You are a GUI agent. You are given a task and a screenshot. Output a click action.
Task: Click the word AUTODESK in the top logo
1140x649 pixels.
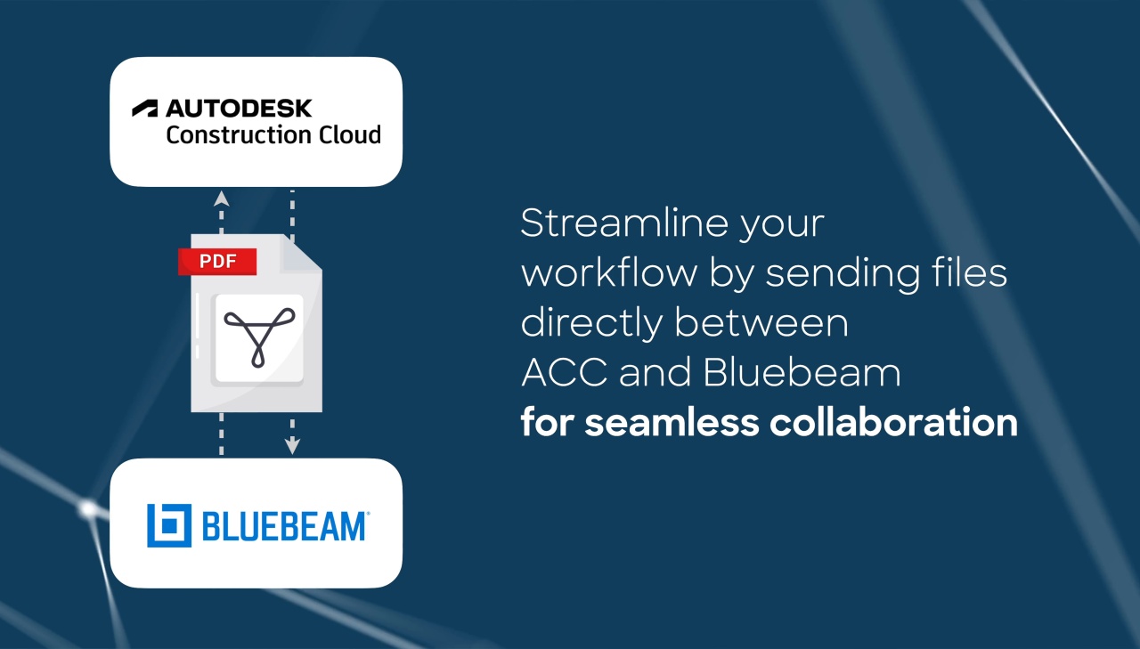[239, 109]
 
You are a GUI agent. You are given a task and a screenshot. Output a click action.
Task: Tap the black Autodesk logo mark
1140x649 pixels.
[145, 109]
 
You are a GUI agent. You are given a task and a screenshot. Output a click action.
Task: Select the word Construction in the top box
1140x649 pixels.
[238, 134]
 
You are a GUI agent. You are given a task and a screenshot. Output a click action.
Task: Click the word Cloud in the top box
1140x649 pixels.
[350, 134]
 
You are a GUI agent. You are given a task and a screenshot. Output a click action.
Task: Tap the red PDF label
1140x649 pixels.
[217, 262]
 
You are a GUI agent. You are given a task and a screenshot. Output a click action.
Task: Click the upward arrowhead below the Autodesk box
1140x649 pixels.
[222, 199]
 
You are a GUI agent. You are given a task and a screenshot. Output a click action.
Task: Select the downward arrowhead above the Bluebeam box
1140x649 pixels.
[292, 445]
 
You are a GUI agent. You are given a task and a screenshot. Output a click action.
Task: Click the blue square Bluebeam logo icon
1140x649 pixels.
[169, 525]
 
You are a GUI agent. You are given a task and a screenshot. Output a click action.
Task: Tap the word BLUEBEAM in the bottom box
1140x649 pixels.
[284, 526]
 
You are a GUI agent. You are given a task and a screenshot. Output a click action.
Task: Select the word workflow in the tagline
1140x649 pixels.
[609, 272]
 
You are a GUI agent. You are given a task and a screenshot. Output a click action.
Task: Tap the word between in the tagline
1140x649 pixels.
[761, 322]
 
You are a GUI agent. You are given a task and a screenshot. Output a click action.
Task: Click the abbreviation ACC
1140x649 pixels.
[565, 372]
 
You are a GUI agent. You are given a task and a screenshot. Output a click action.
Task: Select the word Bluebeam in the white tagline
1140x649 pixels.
[802, 372]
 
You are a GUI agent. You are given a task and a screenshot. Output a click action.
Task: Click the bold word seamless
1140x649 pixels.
[672, 423]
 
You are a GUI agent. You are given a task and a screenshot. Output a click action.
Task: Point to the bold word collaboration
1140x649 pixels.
[893, 422]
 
